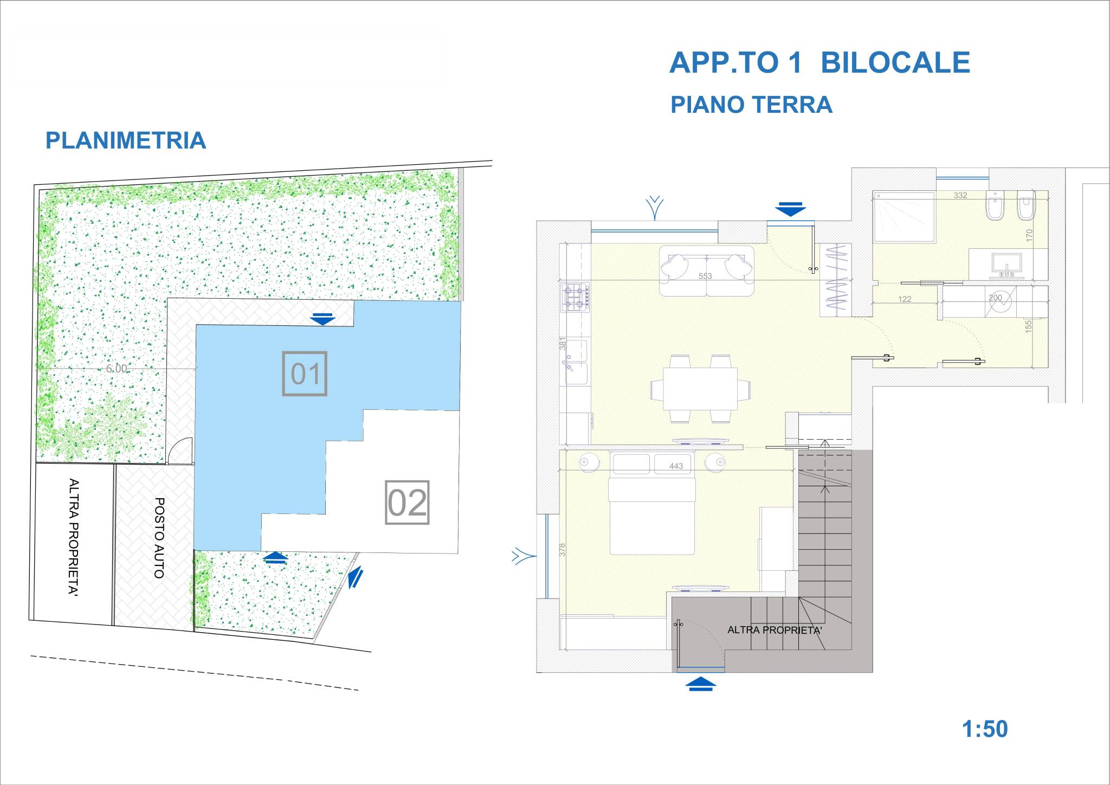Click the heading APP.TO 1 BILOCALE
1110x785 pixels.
[x=819, y=63]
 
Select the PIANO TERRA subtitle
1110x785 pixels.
[x=751, y=105]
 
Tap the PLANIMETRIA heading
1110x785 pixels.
[x=126, y=140]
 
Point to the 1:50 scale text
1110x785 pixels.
[x=985, y=729]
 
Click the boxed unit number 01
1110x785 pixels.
[x=305, y=374]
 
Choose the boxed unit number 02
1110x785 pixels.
[x=407, y=503]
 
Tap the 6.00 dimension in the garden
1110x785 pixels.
[x=117, y=369]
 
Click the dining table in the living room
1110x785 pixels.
[x=700, y=389]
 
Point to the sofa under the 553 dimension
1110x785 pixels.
[x=706, y=271]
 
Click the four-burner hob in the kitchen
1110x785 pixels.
[x=576, y=297]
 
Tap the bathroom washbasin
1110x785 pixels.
[x=1006, y=265]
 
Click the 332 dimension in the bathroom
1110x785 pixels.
[x=960, y=195]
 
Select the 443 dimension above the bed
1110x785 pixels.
[x=676, y=466]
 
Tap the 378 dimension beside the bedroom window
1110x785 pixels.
[x=563, y=550]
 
